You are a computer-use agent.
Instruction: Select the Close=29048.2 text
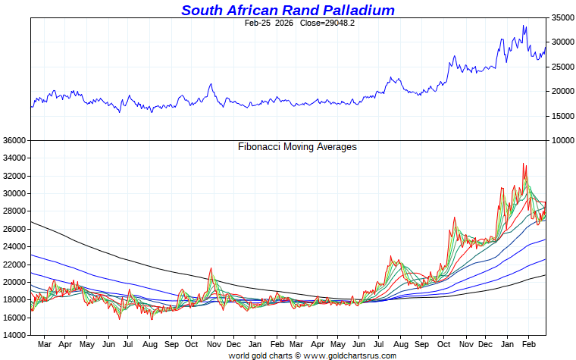point(327,23)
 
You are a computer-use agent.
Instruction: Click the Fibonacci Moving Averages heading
point(297,147)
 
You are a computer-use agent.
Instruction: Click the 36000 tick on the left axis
point(14,140)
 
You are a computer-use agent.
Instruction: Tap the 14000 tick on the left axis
point(14,335)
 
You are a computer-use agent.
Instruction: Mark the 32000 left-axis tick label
point(14,176)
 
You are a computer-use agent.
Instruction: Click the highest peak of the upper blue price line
point(524,26)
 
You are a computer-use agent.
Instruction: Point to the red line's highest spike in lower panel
point(523,164)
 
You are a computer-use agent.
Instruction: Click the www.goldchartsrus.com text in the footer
point(349,355)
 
